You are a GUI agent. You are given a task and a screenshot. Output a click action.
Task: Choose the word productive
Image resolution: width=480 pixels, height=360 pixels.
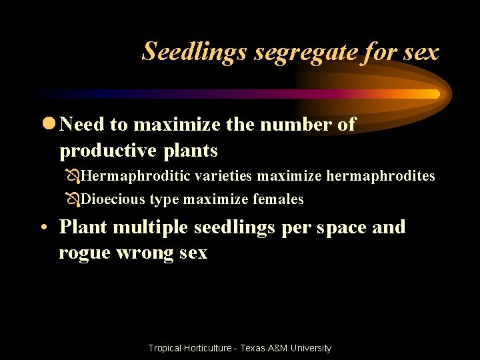pyautogui.click(x=106, y=151)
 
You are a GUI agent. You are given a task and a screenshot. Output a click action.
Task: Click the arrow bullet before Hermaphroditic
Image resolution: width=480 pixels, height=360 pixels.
pyautogui.click(x=73, y=177)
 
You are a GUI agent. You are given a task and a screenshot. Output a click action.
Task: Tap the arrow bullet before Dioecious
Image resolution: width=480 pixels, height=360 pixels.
pyautogui.click(x=73, y=200)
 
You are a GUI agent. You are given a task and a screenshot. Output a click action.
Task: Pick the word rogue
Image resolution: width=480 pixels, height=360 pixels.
pyautogui.click(x=85, y=253)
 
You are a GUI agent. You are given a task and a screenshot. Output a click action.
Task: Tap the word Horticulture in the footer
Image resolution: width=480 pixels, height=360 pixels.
pyautogui.click(x=203, y=348)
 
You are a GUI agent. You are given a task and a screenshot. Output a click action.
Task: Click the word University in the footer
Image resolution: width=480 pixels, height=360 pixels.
pyautogui.click(x=309, y=348)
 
